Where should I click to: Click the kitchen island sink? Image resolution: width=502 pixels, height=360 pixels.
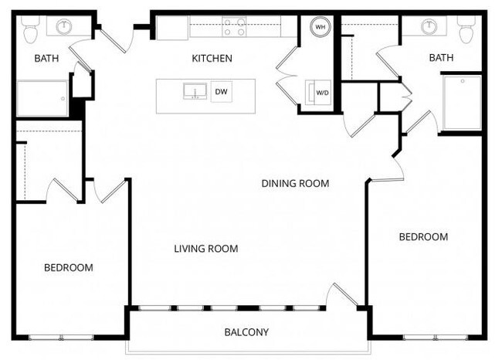pyautogui.click(x=194, y=92)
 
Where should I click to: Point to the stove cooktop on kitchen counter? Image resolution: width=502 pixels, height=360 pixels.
pyautogui.click(x=235, y=27)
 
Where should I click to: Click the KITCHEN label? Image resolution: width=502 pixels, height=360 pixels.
pyautogui.click(x=212, y=59)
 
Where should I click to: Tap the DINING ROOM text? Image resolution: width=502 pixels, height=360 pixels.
pyautogui.click(x=295, y=184)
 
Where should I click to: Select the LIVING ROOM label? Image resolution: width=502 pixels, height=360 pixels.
pyautogui.click(x=205, y=249)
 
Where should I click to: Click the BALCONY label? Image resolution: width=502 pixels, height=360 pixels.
pyautogui.click(x=246, y=333)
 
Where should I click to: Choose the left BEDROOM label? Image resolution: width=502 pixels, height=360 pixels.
pyautogui.click(x=68, y=267)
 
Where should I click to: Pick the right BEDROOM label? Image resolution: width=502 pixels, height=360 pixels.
pyautogui.click(x=422, y=236)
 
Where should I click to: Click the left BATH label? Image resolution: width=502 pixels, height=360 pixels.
pyautogui.click(x=46, y=59)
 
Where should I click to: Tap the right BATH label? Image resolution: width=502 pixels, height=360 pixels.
pyautogui.click(x=441, y=58)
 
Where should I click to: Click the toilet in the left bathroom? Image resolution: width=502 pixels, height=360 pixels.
pyautogui.click(x=31, y=30)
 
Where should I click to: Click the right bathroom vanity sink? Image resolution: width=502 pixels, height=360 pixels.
pyautogui.click(x=429, y=27)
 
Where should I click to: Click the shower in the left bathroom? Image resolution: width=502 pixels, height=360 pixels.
pyautogui.click(x=42, y=98)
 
